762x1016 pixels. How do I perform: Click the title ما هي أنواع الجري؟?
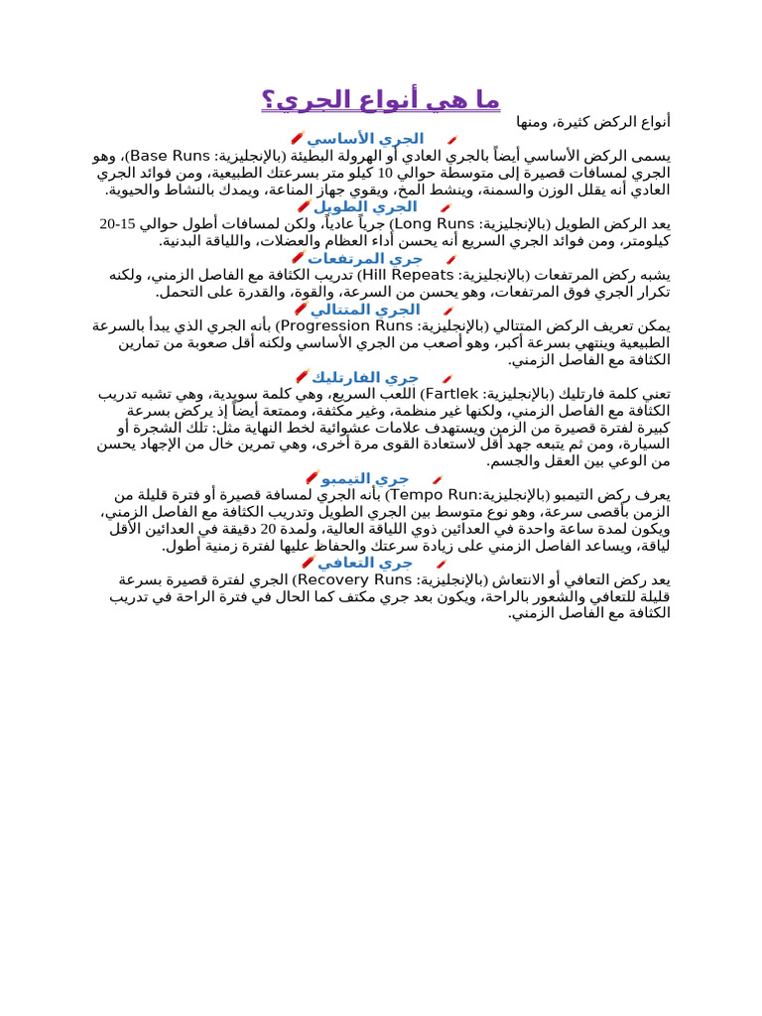click(381, 100)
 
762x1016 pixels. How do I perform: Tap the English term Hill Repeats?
click(405, 275)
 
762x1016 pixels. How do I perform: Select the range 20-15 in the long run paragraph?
click(120, 224)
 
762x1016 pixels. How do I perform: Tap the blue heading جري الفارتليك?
click(365, 377)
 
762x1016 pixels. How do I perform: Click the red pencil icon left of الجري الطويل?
click(304, 206)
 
